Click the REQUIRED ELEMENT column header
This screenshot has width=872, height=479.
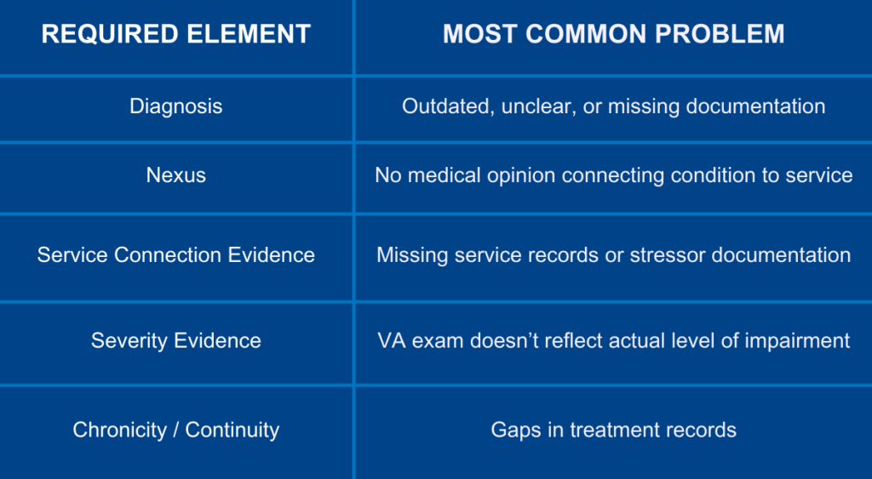point(175,34)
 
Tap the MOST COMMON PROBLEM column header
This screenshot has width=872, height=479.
point(613,34)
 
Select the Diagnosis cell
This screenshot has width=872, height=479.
point(175,106)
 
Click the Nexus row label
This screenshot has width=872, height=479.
point(175,175)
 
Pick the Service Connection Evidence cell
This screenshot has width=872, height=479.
point(175,255)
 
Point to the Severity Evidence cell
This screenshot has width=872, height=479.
point(175,340)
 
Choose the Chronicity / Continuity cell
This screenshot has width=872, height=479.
point(175,430)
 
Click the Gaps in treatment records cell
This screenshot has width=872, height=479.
point(613,430)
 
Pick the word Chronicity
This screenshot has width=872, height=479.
point(119,430)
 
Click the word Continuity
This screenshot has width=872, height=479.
point(232,430)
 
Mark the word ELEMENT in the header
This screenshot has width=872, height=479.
point(249,34)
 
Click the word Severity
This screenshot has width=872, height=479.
point(129,340)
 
